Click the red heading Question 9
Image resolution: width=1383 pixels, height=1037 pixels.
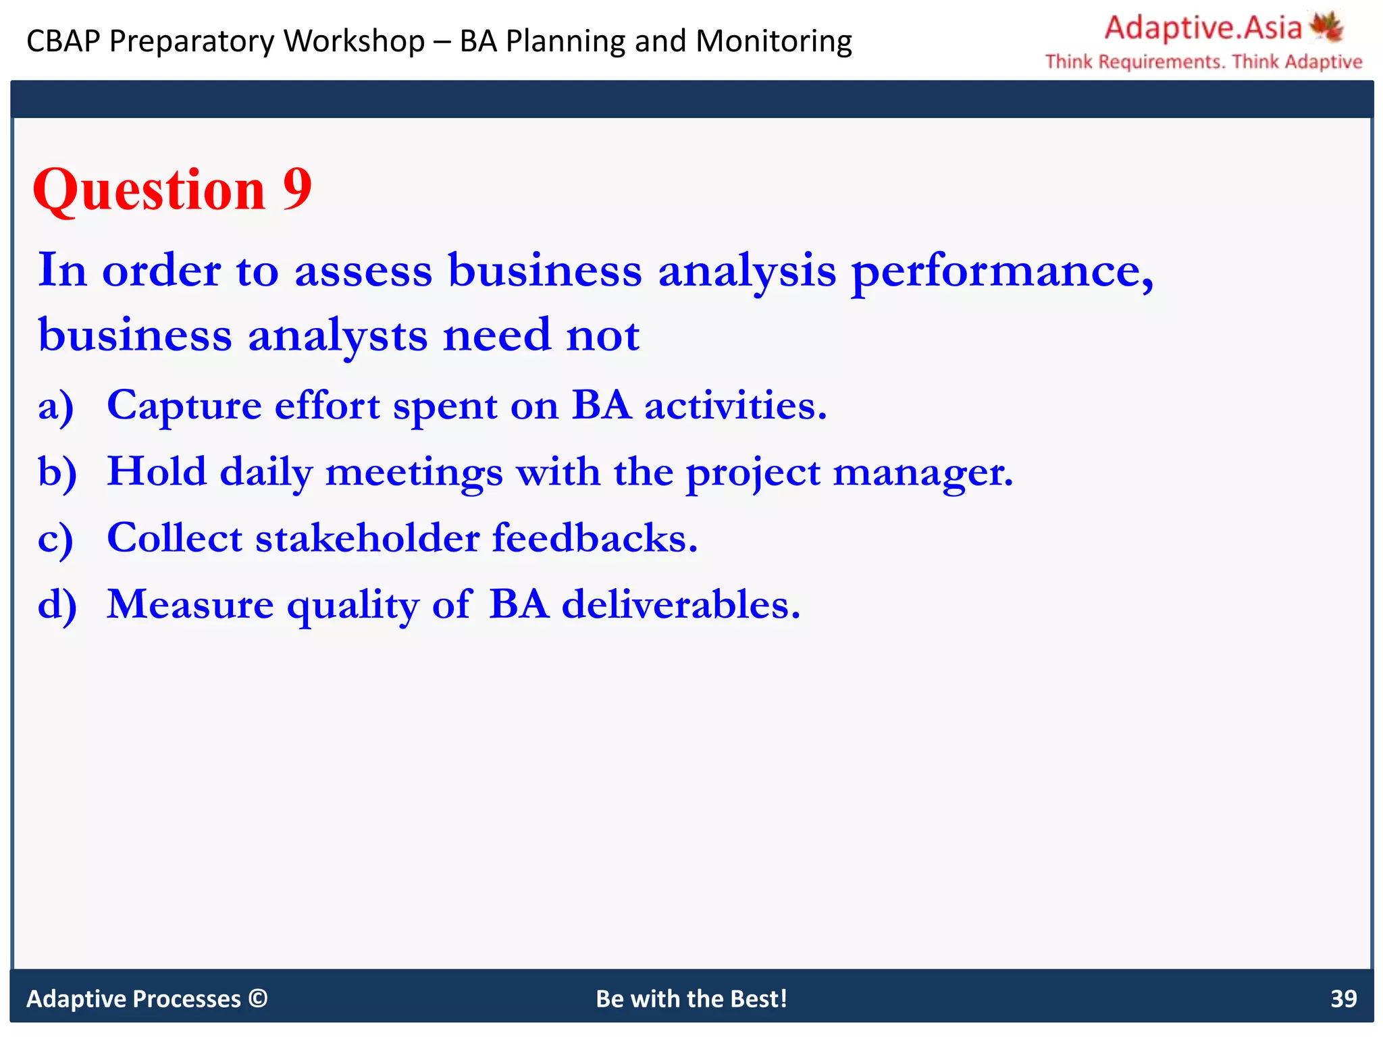point(172,190)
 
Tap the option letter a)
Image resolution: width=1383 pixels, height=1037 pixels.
point(55,407)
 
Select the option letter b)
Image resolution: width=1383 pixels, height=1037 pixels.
point(57,473)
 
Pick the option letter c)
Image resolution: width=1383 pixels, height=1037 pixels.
point(55,539)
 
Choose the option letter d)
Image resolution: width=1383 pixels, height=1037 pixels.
point(57,605)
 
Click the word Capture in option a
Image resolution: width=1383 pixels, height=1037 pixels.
point(184,406)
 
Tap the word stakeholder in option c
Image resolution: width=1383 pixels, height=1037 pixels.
point(367,538)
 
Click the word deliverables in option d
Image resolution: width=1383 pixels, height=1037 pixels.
point(681,604)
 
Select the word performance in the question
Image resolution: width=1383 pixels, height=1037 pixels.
point(1002,271)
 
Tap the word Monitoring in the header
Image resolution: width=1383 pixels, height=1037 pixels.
point(774,41)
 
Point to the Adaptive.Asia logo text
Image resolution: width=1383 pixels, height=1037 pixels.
point(1203,28)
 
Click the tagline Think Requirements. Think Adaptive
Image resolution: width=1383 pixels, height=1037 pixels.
point(1203,62)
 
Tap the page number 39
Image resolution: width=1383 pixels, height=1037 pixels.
point(1343,999)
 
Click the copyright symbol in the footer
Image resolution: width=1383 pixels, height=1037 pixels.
point(258,998)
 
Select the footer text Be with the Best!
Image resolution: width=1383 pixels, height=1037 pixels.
point(691,999)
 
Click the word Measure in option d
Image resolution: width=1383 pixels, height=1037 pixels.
point(190,604)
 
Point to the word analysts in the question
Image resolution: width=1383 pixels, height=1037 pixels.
point(338,336)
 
